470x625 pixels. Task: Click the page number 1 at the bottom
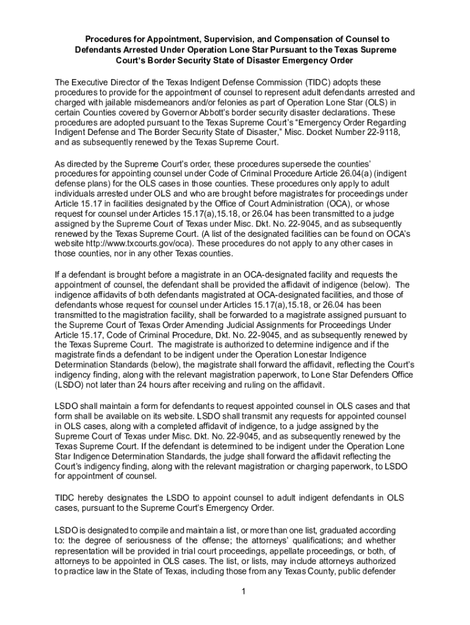pyautogui.click(x=242, y=591)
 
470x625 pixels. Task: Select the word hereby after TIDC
pyautogui.click(x=96, y=498)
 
